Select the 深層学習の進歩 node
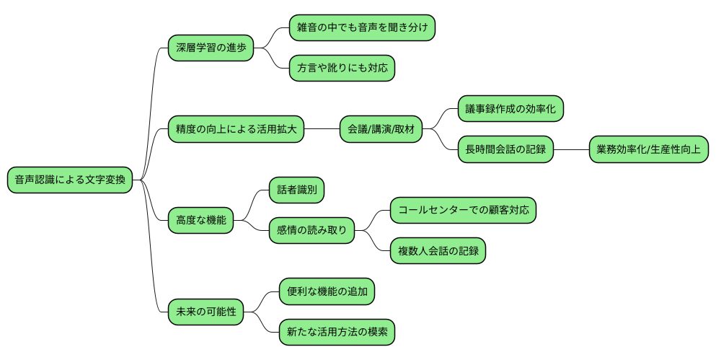pyautogui.click(x=211, y=48)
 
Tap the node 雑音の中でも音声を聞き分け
pyautogui.click(x=363, y=27)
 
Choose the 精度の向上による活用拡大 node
pyautogui.click(x=236, y=130)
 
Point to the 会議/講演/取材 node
pyautogui.click(x=381, y=130)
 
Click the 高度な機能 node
pyautogui.click(x=201, y=220)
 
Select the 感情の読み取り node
pyautogui.click(x=311, y=231)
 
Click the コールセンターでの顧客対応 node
pyautogui.click(x=464, y=211)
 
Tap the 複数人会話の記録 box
pyautogui.click(x=438, y=251)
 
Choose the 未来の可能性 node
pyautogui.click(x=205, y=312)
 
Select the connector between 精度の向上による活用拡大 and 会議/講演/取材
pyautogui.click(x=322, y=130)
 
